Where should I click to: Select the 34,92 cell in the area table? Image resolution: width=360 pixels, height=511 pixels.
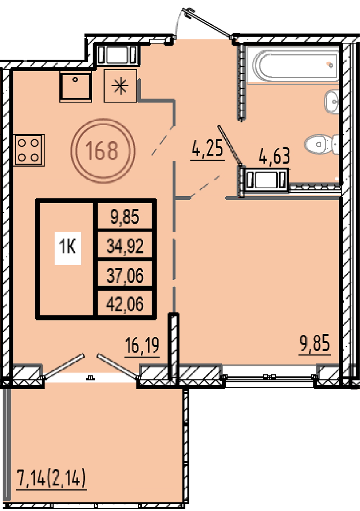[125, 246]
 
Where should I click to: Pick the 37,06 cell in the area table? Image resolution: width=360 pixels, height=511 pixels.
[125, 275]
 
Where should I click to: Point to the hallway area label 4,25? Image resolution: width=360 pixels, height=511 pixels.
[207, 149]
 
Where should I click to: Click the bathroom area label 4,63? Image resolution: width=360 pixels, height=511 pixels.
[274, 156]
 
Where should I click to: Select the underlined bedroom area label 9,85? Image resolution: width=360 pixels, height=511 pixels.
[315, 343]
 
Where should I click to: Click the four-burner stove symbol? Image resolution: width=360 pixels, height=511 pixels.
[29, 150]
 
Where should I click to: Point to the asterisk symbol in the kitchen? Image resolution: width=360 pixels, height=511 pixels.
[120, 86]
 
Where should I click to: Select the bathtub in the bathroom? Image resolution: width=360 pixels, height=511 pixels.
[293, 64]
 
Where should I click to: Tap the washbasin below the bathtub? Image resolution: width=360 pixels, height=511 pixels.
[331, 102]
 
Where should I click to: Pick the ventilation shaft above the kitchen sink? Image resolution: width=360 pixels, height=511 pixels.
[117, 55]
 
